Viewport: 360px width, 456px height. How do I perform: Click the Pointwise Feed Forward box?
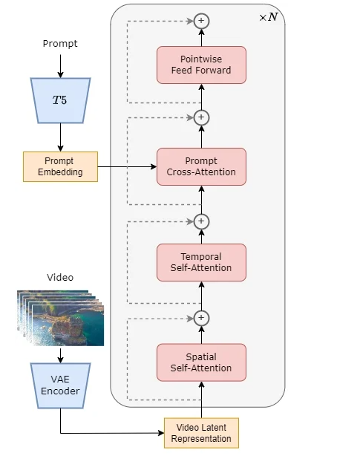pyautogui.click(x=201, y=65)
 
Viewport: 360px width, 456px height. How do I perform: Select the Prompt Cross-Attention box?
pyautogui.click(x=201, y=166)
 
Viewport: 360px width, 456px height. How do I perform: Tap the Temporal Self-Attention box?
pyautogui.click(x=201, y=262)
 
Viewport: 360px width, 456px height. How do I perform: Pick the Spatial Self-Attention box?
pyautogui.click(x=201, y=362)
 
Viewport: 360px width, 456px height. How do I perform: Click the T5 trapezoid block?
pyautogui.click(x=60, y=100)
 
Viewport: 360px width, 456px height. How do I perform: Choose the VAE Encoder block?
pyautogui.click(x=60, y=385)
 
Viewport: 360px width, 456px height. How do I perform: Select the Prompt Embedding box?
pyautogui.click(x=60, y=166)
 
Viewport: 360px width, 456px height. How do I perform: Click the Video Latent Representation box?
pyautogui.click(x=201, y=433)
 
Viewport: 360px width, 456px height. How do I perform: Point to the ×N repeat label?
pyautogui.click(x=269, y=17)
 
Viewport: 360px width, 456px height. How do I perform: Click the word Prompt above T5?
pyautogui.click(x=60, y=44)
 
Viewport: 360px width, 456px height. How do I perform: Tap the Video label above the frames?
pyautogui.click(x=60, y=278)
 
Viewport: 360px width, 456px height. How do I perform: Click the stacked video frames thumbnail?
pyautogui.click(x=60, y=318)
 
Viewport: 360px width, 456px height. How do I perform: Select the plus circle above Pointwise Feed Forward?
pyautogui.click(x=201, y=21)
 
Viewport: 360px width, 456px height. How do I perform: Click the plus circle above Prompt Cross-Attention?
pyautogui.click(x=201, y=117)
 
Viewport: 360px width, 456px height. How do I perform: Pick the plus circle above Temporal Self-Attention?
pyautogui.click(x=201, y=221)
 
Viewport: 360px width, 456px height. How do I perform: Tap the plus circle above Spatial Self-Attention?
pyautogui.click(x=201, y=318)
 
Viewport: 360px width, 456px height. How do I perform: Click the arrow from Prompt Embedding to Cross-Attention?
pyautogui.click(x=127, y=166)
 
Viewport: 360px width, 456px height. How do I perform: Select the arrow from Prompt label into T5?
pyautogui.click(x=60, y=66)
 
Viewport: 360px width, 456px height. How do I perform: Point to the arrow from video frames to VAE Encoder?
pyautogui.click(x=60, y=356)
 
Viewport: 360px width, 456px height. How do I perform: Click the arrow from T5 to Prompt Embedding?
pyautogui.click(x=60, y=137)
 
